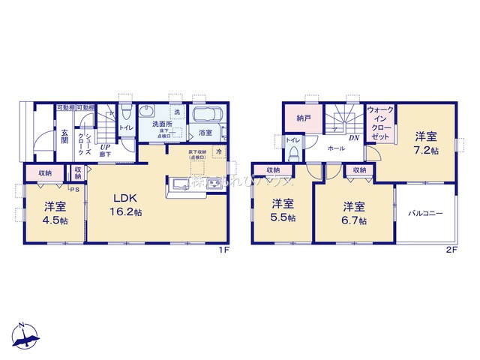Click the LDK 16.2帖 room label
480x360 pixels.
coord(127,205)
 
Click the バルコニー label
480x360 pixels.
coord(425,213)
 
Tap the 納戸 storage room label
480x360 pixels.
coord(303,118)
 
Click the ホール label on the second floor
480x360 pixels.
coord(336,148)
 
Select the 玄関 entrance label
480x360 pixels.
coord(64,136)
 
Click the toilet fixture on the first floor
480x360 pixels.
coord(127,113)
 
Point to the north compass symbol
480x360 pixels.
coord(24,337)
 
